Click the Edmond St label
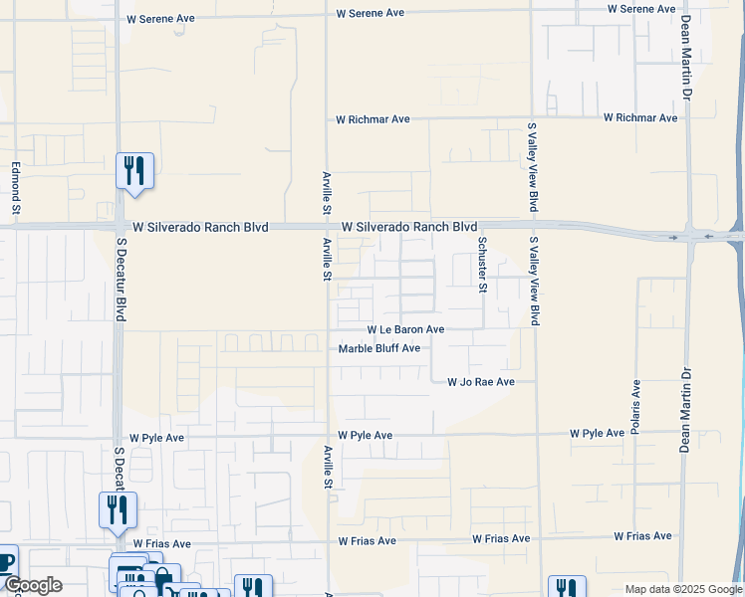[x=16, y=189]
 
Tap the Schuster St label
[x=482, y=264]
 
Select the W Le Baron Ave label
[x=405, y=329]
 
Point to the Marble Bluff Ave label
[x=379, y=348]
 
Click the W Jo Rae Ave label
[x=480, y=382]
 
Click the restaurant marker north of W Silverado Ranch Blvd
[x=134, y=171]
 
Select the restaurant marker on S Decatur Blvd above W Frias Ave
[x=118, y=511]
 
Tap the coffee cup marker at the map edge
[x=6, y=560]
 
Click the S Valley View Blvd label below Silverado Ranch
[x=534, y=281]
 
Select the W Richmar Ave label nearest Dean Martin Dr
[x=640, y=117]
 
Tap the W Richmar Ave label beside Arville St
[x=372, y=119]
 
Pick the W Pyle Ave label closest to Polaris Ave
[x=597, y=434]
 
